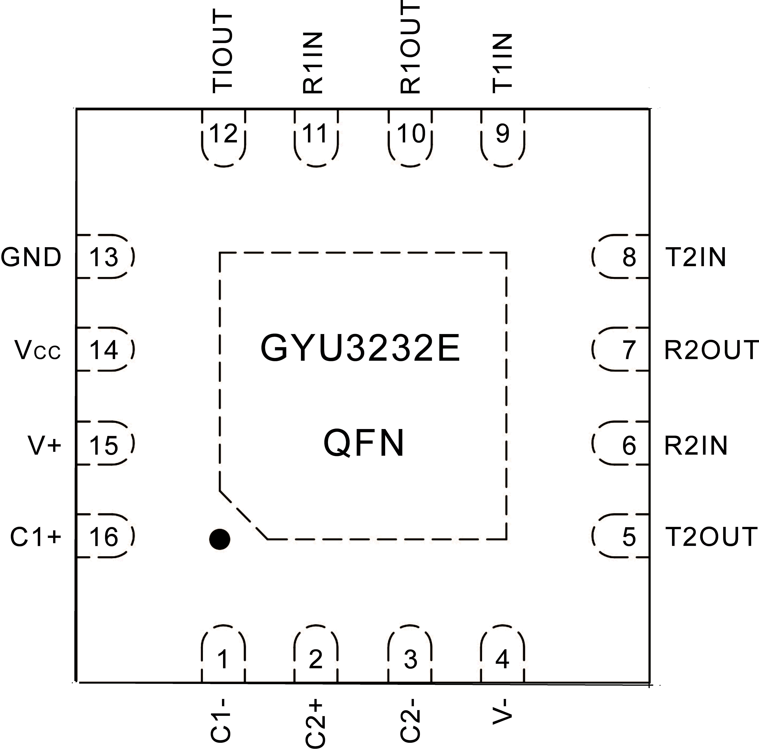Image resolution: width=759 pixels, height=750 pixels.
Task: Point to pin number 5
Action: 629,537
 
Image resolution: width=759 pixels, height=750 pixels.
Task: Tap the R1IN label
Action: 313,63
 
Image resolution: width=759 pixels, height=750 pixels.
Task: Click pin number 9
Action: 503,134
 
